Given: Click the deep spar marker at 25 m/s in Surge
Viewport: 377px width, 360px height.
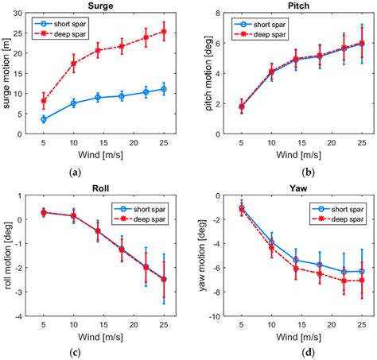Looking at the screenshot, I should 164,32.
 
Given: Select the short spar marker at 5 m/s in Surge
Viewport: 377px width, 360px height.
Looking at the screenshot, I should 44,119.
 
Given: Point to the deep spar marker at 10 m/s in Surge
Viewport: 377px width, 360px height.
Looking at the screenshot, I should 73,64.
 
